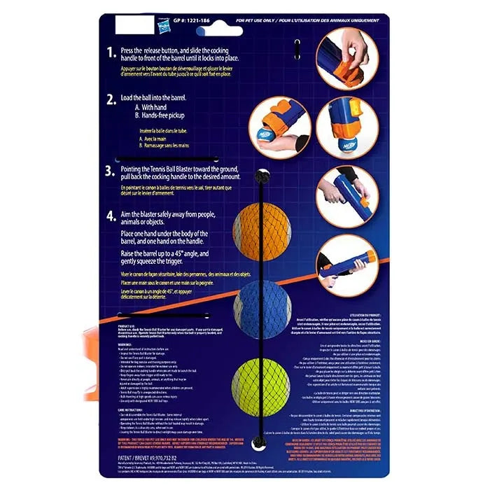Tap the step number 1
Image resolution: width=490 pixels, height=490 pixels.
coord(110,52)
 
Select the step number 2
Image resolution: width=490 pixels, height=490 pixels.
coord(111,99)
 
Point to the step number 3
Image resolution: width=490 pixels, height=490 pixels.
coord(110,170)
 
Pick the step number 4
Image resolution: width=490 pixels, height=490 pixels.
coord(111,216)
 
